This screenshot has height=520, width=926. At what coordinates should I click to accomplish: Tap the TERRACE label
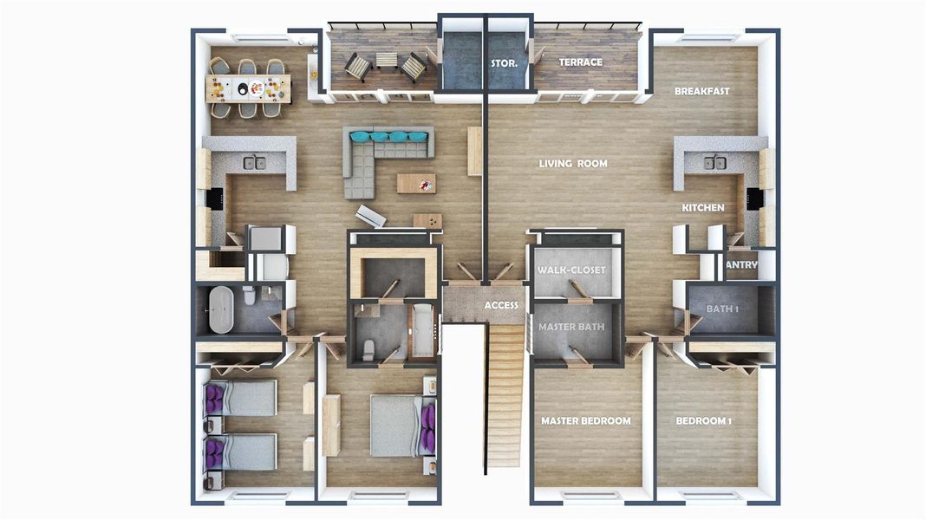[580, 62]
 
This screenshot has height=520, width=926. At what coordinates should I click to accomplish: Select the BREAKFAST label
[701, 91]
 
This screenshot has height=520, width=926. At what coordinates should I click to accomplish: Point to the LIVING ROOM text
[572, 164]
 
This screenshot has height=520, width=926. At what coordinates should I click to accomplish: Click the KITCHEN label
[702, 208]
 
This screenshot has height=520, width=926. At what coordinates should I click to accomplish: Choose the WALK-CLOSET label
[571, 270]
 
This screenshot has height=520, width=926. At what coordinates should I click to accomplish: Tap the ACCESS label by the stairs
[501, 305]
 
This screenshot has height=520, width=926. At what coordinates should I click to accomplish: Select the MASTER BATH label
[571, 328]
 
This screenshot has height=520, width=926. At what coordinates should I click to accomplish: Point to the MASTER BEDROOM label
[585, 421]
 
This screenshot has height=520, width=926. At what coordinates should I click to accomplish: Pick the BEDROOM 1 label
[703, 421]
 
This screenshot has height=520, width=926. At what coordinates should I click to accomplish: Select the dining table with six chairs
[249, 88]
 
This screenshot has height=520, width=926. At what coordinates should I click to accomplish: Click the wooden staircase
[505, 394]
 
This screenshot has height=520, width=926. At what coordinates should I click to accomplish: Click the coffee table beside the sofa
[416, 183]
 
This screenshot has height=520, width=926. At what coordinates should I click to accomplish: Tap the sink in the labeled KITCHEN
[714, 162]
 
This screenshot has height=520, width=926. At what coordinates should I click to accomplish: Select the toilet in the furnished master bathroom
[368, 348]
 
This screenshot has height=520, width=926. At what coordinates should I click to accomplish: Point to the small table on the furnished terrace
[386, 61]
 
